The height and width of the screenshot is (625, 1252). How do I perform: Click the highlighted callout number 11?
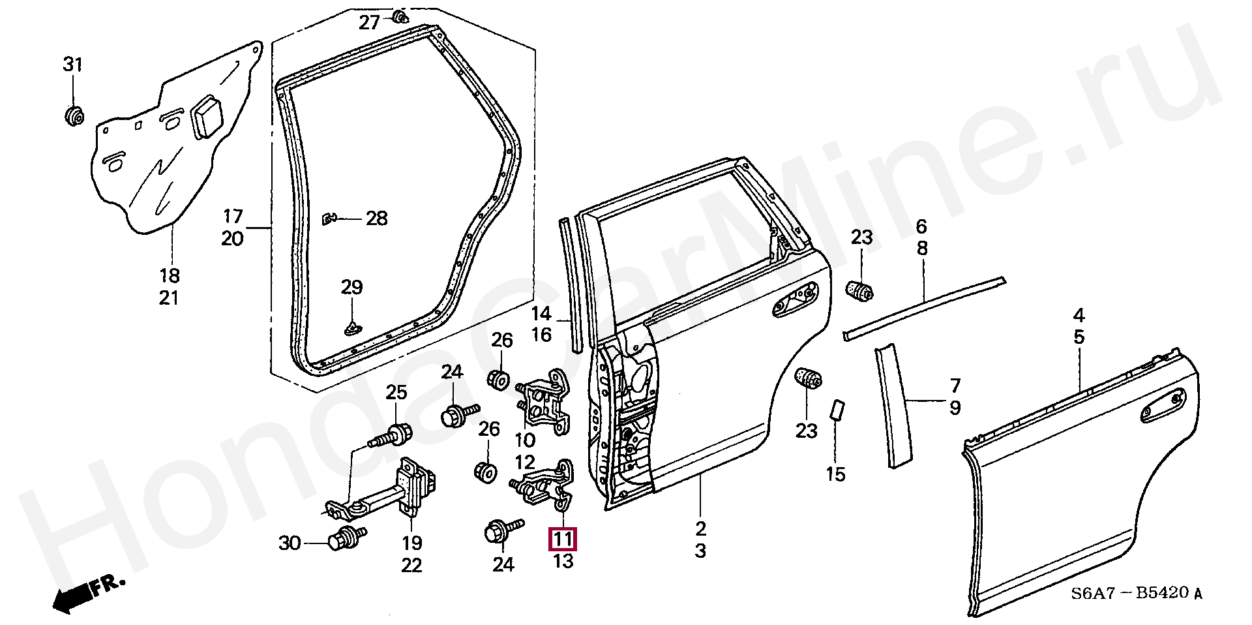[563, 539]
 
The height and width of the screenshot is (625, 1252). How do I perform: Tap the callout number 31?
[73, 65]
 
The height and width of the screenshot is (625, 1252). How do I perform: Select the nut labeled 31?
[75, 115]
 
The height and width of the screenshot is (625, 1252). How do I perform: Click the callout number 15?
[835, 474]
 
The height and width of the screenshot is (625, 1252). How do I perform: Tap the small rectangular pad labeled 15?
[836, 410]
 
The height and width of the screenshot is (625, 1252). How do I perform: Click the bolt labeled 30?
[346, 538]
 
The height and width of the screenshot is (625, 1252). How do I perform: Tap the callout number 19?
[412, 543]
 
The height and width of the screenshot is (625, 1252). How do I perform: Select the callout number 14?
[541, 314]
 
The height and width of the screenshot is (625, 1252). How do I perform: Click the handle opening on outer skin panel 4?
[1163, 405]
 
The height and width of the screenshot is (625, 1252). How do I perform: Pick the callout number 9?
[955, 408]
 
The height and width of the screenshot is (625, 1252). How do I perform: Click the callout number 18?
[169, 275]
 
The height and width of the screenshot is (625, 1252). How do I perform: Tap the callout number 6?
[921, 226]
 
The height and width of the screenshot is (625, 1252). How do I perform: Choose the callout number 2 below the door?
[700, 528]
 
